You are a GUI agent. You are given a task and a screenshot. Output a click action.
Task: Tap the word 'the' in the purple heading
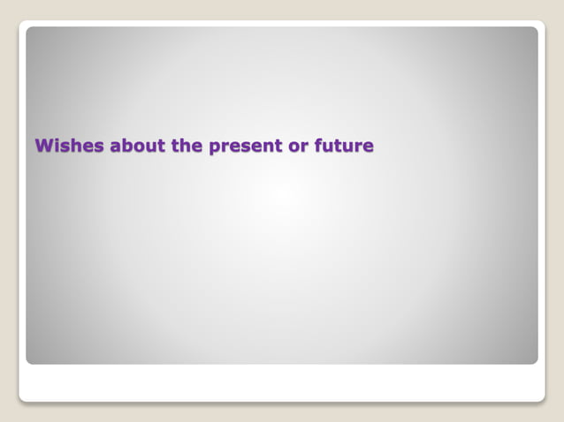187,146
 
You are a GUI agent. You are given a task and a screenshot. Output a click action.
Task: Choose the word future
344,146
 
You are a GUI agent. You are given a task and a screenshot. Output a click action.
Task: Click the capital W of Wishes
42,146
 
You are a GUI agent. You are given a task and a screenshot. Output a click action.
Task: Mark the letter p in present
215,147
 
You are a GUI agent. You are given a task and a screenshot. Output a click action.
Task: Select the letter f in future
318,145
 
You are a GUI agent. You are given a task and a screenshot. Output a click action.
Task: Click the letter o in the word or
294,147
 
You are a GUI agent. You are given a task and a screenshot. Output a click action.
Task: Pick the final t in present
279,146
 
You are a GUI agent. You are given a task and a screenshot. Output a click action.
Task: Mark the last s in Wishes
97,147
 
